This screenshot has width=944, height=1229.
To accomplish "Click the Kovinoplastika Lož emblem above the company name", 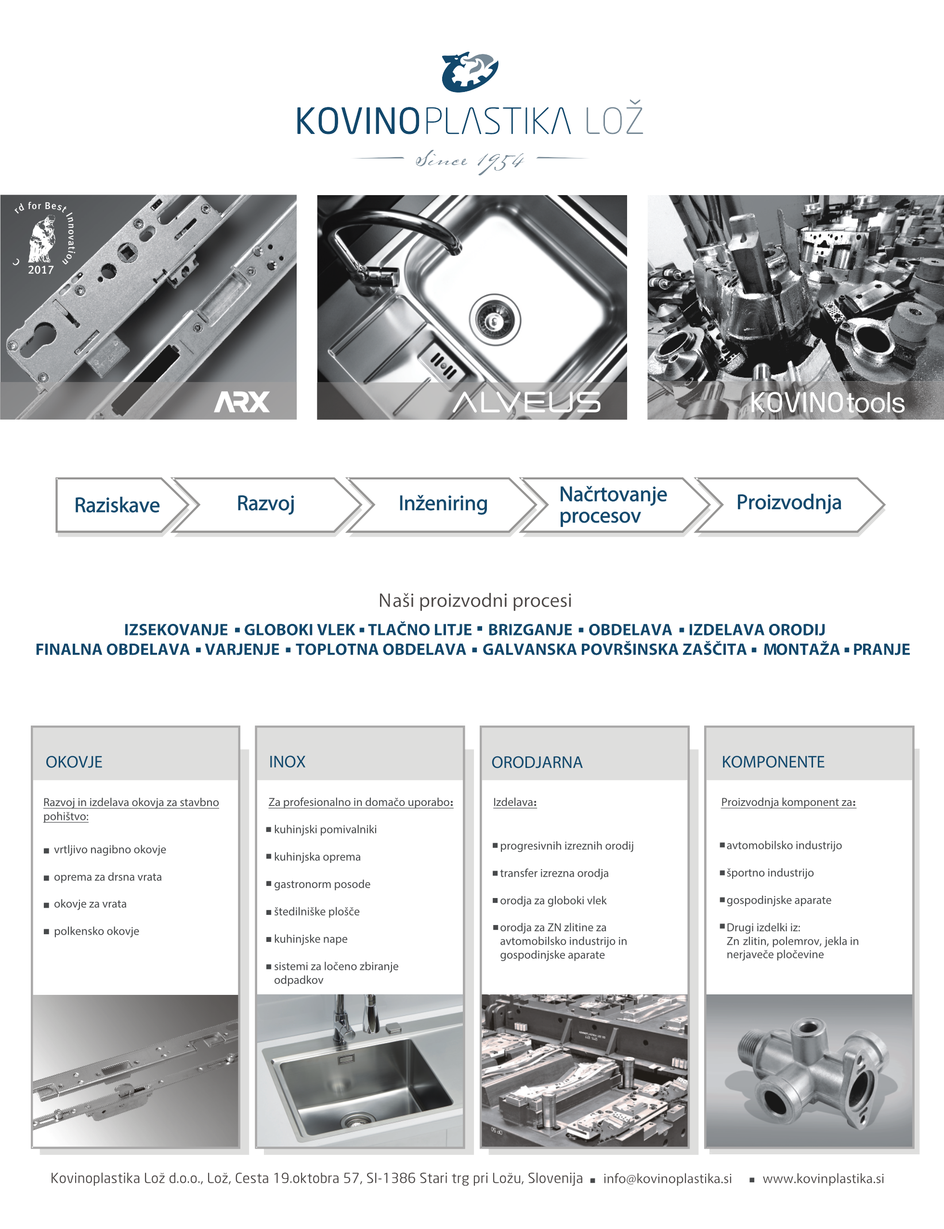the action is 470,72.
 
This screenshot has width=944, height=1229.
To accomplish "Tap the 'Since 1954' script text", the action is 470,161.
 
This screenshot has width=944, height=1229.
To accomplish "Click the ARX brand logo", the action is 242,402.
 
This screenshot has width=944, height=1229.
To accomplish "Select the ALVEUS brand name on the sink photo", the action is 527,402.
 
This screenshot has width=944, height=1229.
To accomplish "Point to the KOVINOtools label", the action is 827,402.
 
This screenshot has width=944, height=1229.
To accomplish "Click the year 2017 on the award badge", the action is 41,270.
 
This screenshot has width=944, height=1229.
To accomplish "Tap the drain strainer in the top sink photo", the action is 495,320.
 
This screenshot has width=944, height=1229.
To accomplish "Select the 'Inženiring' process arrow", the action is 442,504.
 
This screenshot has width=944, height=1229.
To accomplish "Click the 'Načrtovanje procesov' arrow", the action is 616,504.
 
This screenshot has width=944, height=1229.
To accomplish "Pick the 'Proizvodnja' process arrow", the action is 789,504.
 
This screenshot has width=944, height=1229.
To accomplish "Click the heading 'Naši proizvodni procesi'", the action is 475,601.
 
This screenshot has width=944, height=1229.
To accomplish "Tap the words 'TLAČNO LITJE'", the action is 420,629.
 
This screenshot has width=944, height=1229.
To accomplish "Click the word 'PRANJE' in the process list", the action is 881,649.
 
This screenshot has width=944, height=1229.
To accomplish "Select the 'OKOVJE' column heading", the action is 74,762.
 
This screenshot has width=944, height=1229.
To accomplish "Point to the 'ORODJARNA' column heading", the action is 537,763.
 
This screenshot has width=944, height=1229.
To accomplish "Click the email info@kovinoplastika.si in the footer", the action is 668,1178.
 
